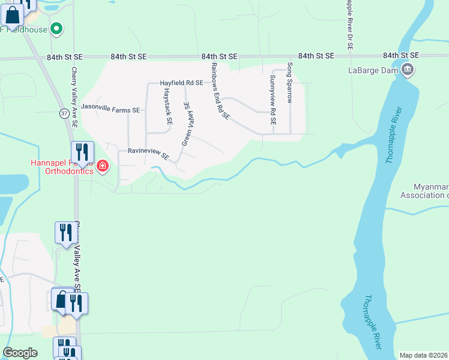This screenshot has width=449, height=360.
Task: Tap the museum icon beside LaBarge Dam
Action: [408, 70]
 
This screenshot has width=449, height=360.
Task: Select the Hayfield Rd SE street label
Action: [182, 83]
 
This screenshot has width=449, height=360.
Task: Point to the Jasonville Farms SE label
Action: [110, 110]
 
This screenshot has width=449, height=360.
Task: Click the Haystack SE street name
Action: [169, 106]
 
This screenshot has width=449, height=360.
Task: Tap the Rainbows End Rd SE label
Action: [220, 91]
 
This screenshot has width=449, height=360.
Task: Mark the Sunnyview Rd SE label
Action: [273, 100]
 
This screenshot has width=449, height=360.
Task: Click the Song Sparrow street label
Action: [289, 83]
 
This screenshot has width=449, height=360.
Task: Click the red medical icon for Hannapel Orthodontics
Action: [103, 166]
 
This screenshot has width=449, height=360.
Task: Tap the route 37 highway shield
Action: [64, 113]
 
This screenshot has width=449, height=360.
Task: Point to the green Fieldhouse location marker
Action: [56, 28]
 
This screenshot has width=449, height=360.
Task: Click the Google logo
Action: [20, 353]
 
